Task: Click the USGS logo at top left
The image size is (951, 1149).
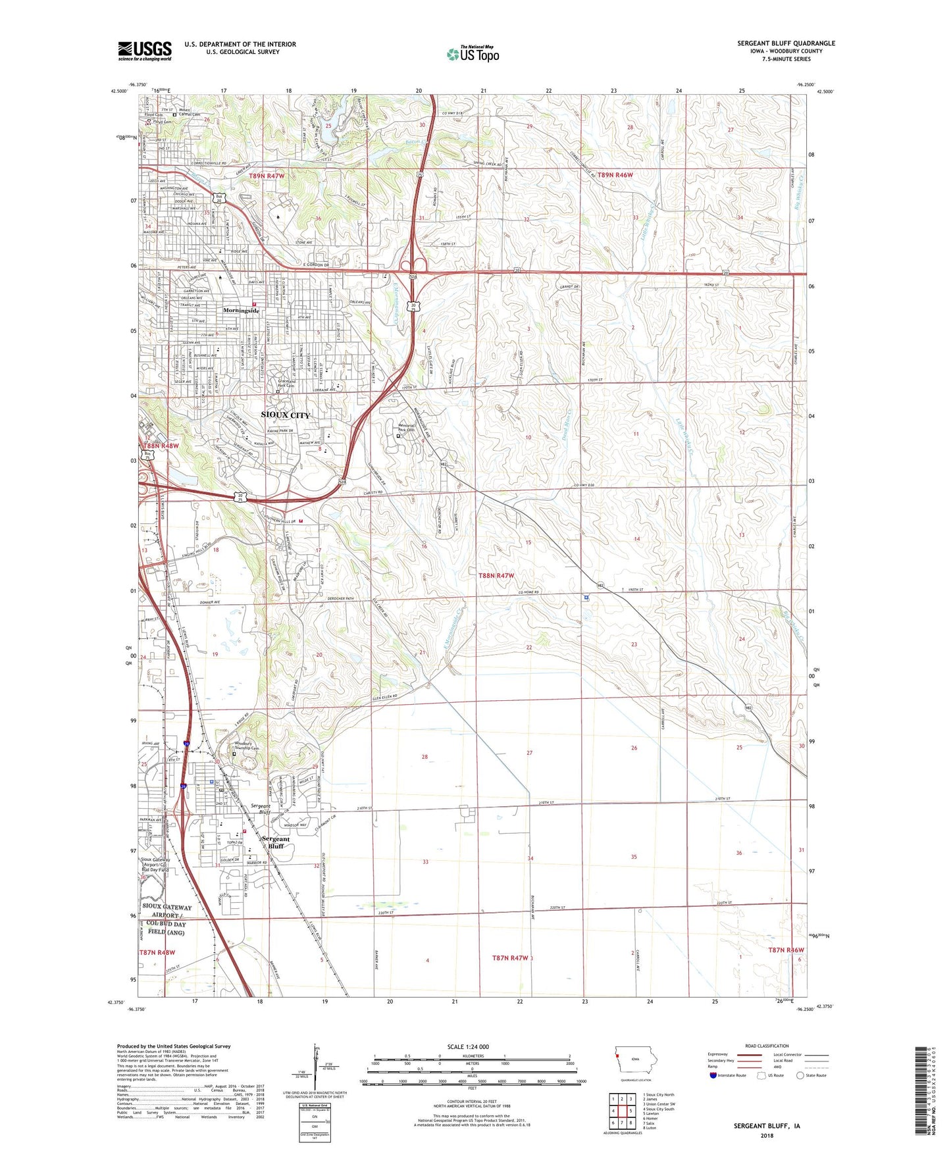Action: coord(145,51)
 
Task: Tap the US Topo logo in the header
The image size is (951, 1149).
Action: coord(473,54)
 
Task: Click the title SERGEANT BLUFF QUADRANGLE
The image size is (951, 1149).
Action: coord(786,43)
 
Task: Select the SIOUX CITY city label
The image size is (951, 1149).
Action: coord(285,415)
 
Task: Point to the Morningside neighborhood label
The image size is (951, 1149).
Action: coord(241,310)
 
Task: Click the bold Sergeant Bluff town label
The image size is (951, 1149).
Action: coord(276,842)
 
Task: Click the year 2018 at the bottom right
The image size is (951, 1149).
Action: coord(767,1135)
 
